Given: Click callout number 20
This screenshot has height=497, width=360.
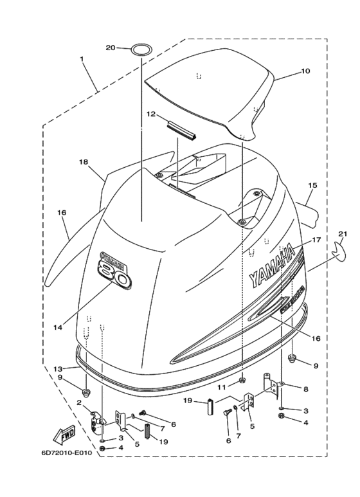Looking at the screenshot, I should tap(110, 48).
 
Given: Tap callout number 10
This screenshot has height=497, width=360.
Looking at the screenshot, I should tap(305, 71).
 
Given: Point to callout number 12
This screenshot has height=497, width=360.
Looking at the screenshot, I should tap(150, 114).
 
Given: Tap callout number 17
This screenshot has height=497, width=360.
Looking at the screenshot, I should tap(316, 240).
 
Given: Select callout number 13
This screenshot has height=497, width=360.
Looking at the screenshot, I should tap(58, 368).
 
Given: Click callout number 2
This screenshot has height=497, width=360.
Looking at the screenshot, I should tap(79, 402).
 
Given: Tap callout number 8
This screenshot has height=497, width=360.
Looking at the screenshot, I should tap(306, 389).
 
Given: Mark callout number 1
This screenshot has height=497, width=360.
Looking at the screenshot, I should tap(82, 59).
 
